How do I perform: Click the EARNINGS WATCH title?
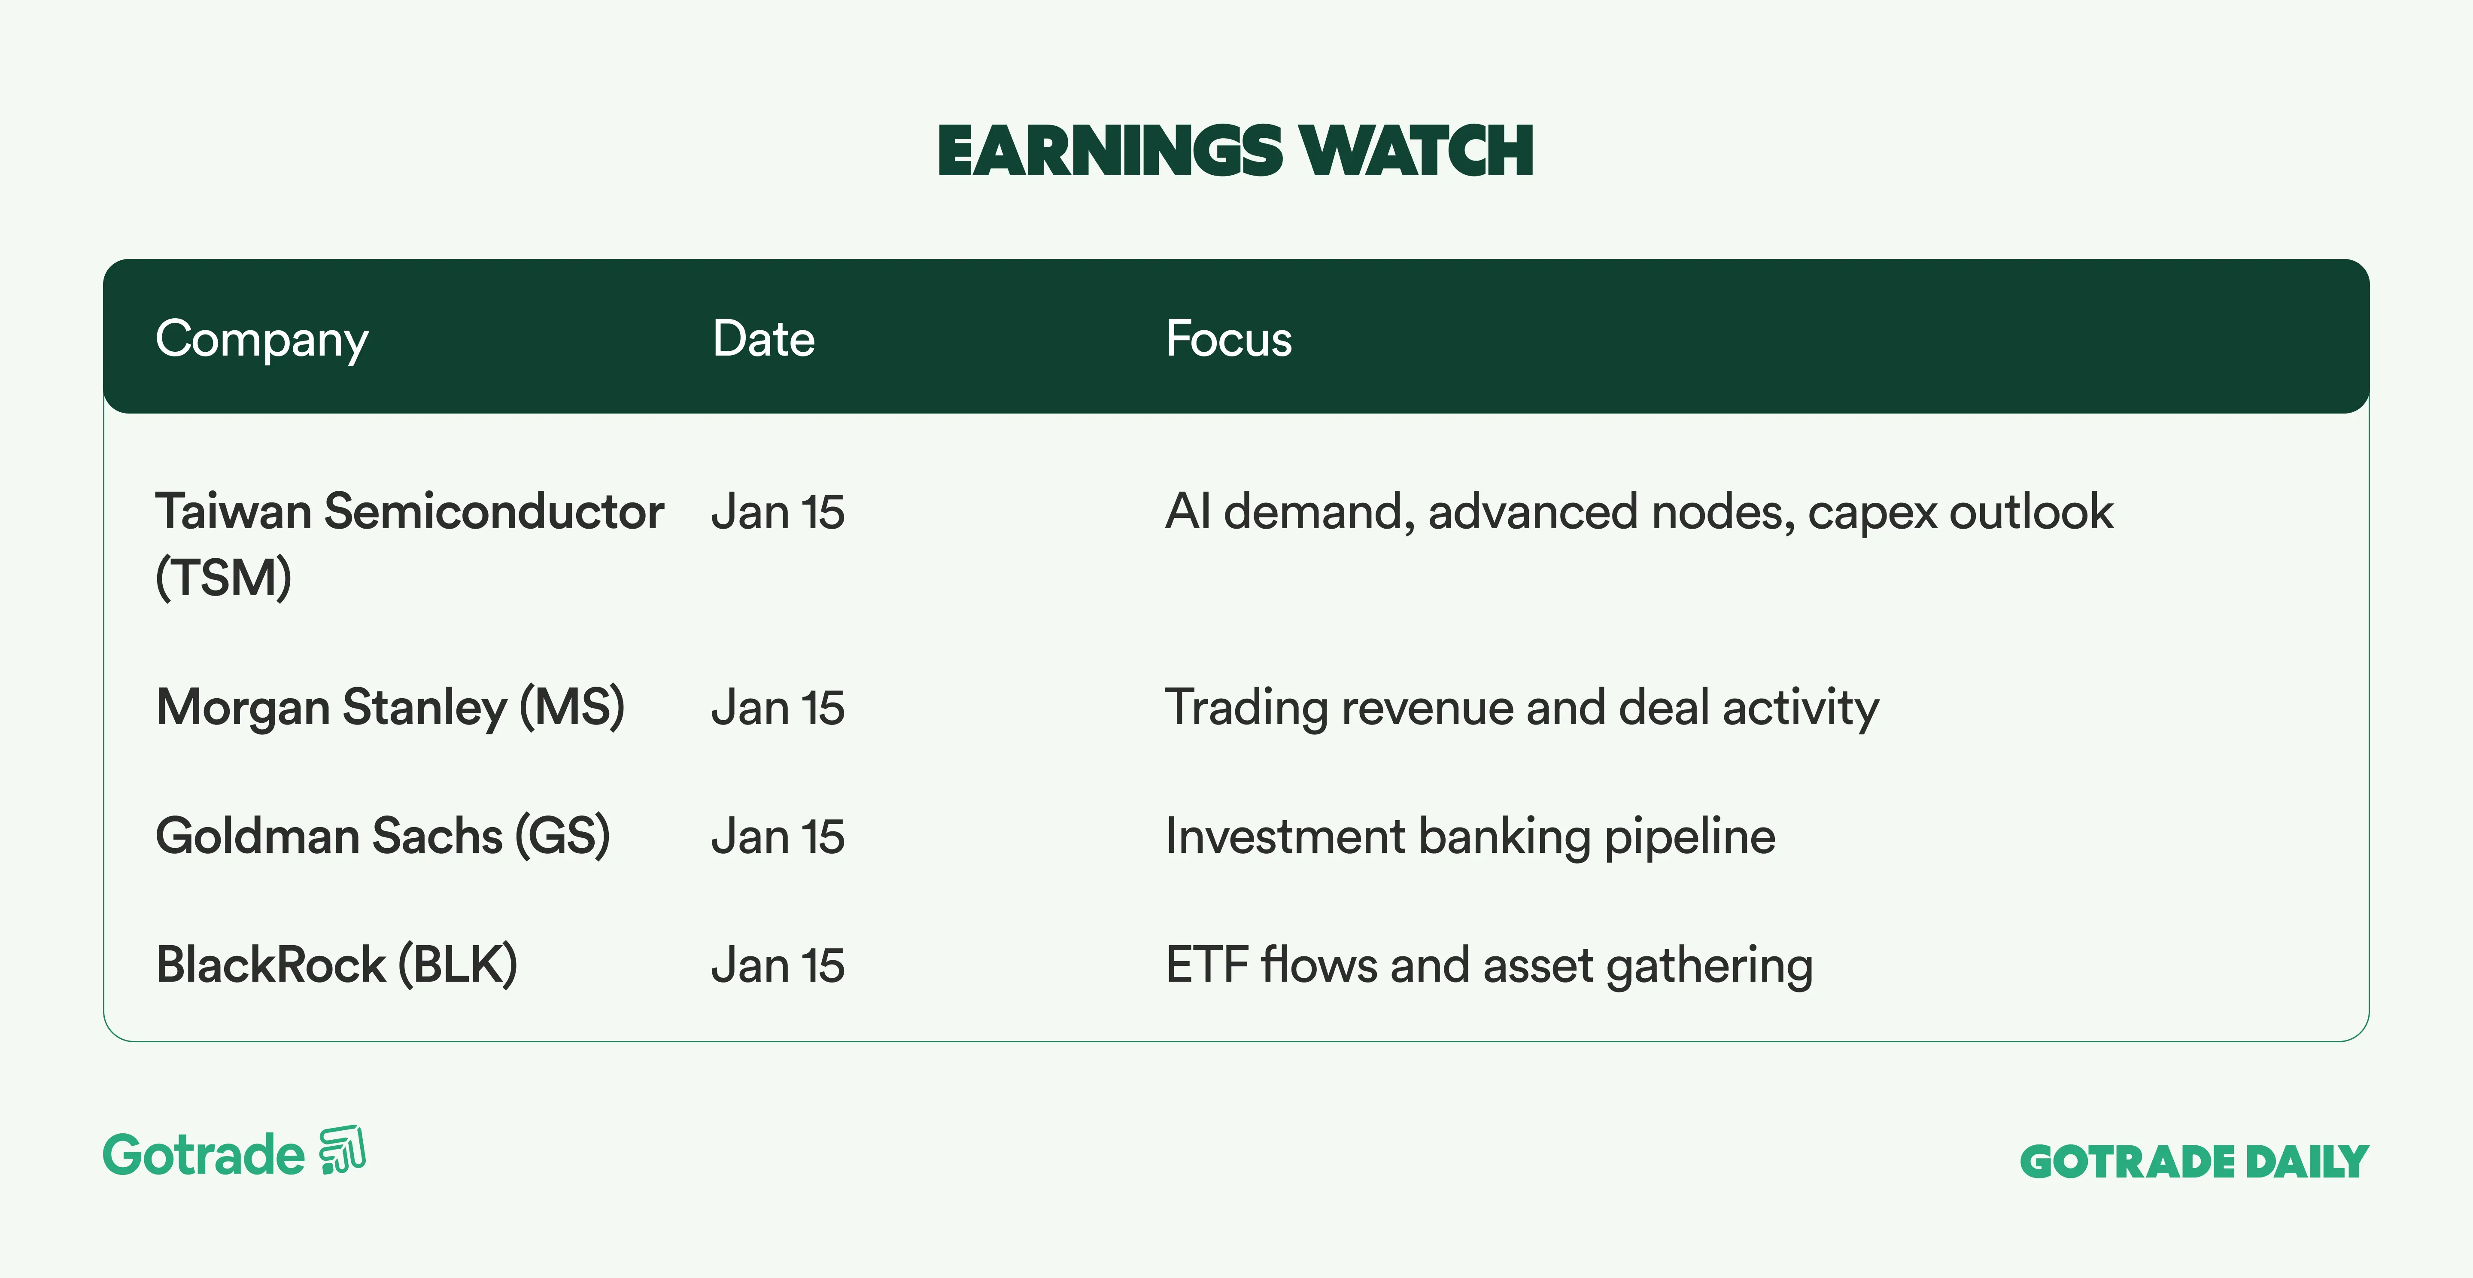point(1236,152)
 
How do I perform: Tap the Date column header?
point(763,339)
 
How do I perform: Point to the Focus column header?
point(1229,339)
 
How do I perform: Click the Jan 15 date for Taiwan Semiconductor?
point(778,512)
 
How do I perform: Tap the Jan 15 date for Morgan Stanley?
point(778,708)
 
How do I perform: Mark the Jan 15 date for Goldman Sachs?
point(778,836)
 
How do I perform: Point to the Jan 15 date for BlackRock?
point(778,965)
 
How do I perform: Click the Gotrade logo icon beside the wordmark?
point(343,1149)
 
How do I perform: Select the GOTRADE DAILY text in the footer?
point(2195,1162)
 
